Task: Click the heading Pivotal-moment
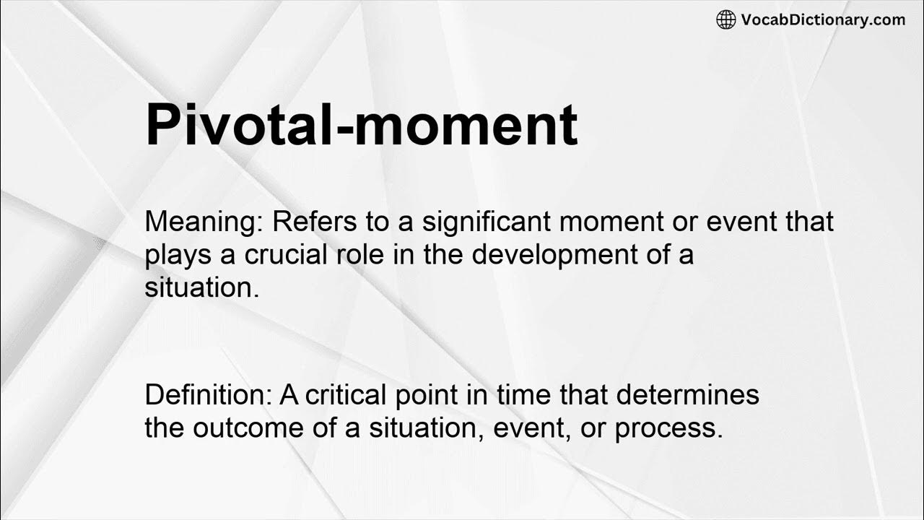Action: click(361, 125)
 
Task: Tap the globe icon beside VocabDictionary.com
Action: click(725, 19)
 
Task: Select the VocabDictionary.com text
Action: click(822, 19)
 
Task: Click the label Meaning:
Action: click(204, 222)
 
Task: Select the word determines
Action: click(688, 395)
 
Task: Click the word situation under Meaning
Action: click(200, 288)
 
